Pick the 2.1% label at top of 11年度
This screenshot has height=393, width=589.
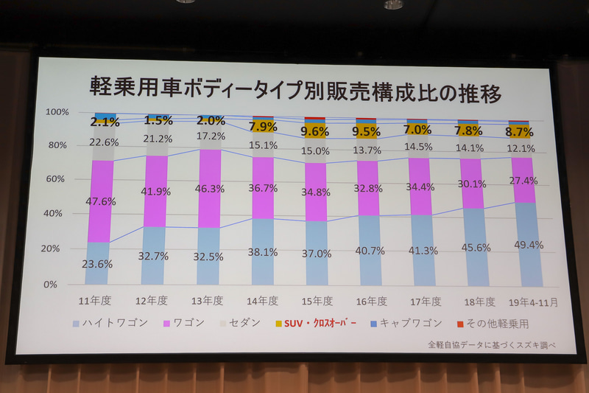[x=105, y=122]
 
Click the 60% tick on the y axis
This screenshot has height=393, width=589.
[x=57, y=179]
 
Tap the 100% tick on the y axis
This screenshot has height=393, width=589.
[x=57, y=112]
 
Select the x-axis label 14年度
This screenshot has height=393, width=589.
[x=263, y=301]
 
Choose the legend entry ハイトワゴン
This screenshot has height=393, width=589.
[x=112, y=324]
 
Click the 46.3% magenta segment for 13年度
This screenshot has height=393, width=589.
[x=210, y=189]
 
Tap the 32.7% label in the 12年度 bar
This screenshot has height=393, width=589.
[x=155, y=257]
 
